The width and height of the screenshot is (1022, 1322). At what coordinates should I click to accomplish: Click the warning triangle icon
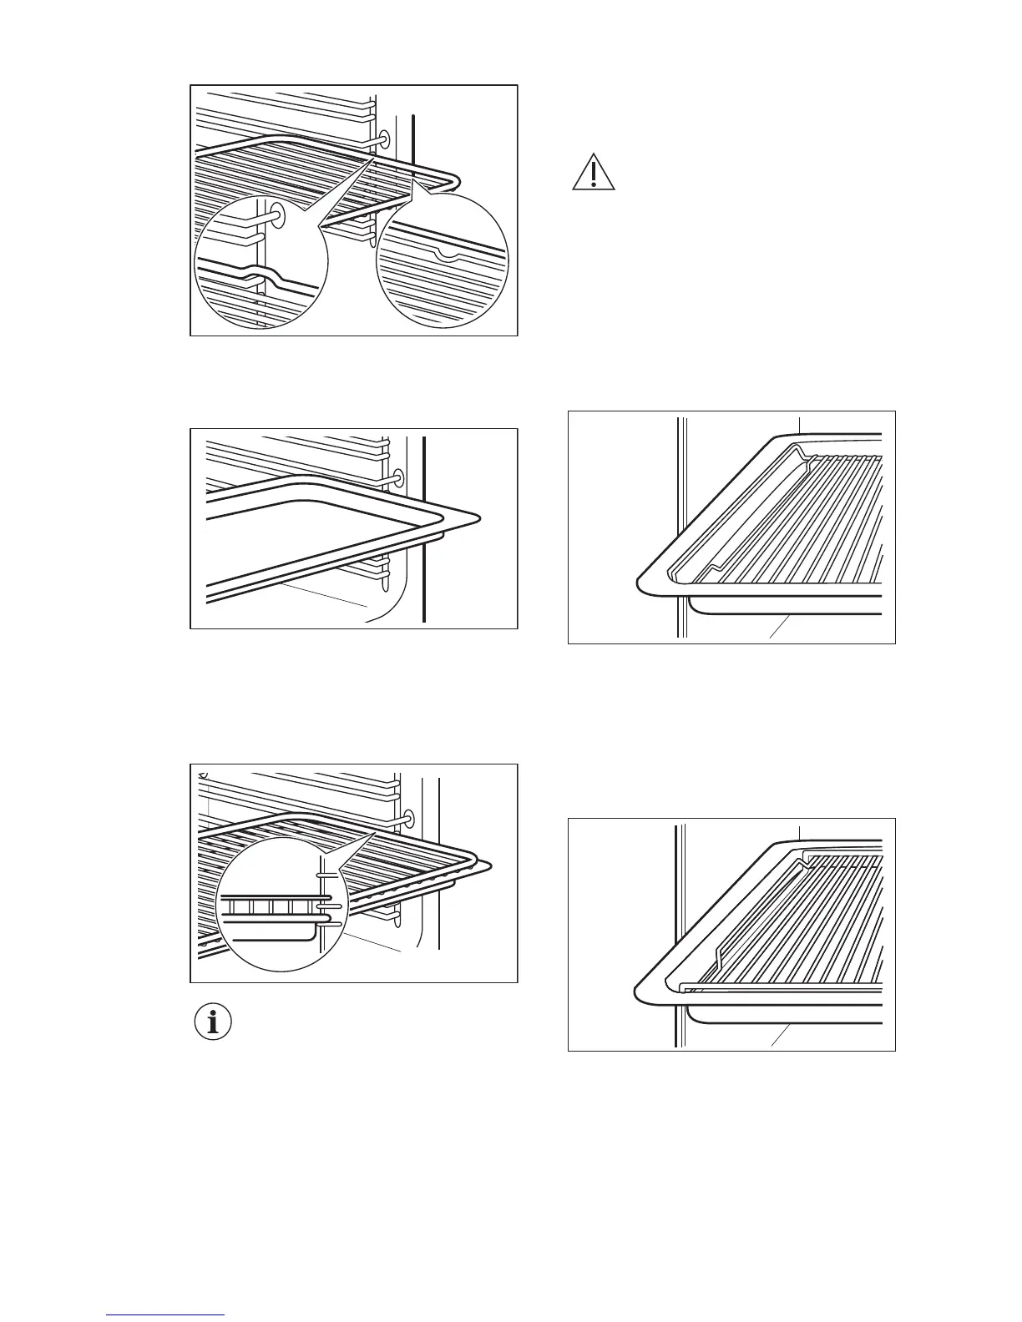pyautogui.click(x=593, y=173)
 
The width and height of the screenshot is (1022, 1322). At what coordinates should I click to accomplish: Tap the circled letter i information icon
pyautogui.click(x=213, y=1022)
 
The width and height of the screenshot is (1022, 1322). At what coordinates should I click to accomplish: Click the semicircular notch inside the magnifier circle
pyautogui.click(x=448, y=255)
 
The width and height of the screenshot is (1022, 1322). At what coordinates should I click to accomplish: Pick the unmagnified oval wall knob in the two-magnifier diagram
pyautogui.click(x=384, y=139)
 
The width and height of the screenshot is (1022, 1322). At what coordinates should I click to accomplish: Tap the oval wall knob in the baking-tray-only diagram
pyautogui.click(x=397, y=478)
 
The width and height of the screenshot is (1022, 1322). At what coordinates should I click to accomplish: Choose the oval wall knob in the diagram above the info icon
pyautogui.click(x=409, y=816)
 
